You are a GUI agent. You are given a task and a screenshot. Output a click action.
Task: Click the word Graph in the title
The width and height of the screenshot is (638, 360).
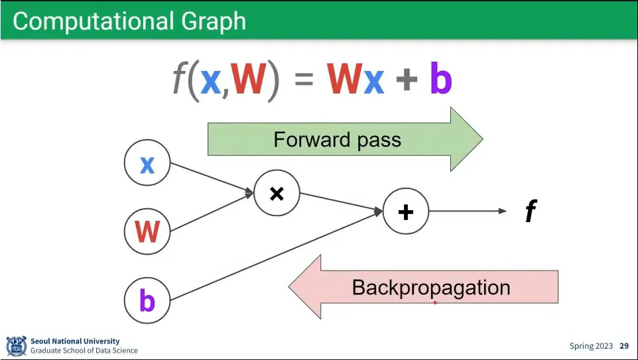[x=214, y=22]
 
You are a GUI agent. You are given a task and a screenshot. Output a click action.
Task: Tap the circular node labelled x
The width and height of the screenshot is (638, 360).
[x=147, y=162]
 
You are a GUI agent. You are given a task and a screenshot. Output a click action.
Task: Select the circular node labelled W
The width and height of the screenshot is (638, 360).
[x=147, y=231]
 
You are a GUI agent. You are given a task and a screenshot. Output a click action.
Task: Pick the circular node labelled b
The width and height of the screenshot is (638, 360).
[x=147, y=300]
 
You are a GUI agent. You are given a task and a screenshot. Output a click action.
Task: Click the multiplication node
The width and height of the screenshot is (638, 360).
[x=277, y=193]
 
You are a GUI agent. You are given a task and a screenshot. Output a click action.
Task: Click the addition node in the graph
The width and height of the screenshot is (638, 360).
[x=406, y=211]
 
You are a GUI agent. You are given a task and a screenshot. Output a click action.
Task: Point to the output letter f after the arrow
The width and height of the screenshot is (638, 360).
[x=531, y=211]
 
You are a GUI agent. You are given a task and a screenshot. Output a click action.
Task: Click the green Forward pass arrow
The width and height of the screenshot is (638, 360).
[x=345, y=139]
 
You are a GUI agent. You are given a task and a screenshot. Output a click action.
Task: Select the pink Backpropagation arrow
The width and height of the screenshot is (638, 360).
[x=423, y=287]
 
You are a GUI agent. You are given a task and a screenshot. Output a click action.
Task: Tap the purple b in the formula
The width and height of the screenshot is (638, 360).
[x=441, y=78]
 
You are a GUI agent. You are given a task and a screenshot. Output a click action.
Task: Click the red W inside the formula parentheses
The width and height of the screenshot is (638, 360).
[x=249, y=80]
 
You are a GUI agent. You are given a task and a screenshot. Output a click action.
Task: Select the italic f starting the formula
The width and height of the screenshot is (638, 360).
[x=179, y=78]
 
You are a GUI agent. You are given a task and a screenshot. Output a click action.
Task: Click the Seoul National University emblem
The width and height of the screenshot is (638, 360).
[x=17, y=346]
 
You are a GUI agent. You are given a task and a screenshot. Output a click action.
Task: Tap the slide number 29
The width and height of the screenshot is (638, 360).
[x=624, y=346]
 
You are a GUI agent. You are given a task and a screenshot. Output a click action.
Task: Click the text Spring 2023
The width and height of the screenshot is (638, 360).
[x=591, y=346]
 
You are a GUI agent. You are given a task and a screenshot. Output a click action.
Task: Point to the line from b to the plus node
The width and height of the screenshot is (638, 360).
[x=276, y=256]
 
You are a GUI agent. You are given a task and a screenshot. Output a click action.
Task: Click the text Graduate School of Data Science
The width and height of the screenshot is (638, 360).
[x=84, y=351]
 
